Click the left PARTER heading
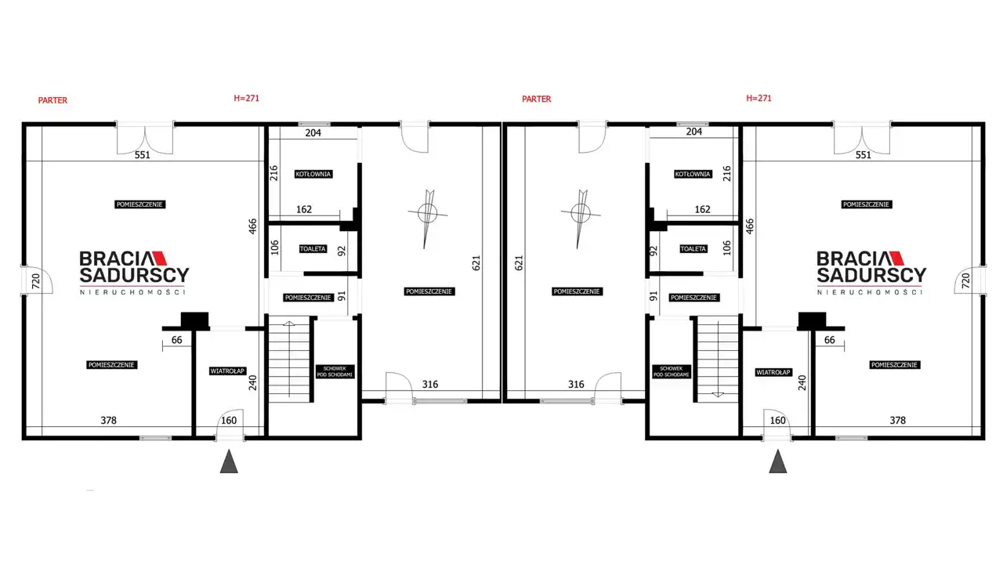pyautogui.click(x=53, y=100)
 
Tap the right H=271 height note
pyautogui.click(x=759, y=98)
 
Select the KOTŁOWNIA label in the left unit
pyautogui.click(x=313, y=174)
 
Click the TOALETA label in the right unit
pyautogui.click(x=693, y=248)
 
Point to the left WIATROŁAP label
pyautogui.click(x=227, y=371)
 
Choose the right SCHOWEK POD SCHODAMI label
pyautogui.click(x=671, y=371)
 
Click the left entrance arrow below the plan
pyautogui.click(x=229, y=461)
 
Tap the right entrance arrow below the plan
pyautogui.click(x=778, y=461)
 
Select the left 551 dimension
pyautogui.click(x=143, y=155)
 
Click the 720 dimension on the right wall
pyautogui.click(x=966, y=280)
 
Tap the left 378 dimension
pyautogui.click(x=108, y=421)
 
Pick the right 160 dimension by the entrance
pyautogui.click(x=778, y=421)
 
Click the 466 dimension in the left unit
pyautogui.click(x=253, y=226)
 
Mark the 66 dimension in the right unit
pyautogui.click(x=829, y=340)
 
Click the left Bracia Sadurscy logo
pyautogui.click(x=134, y=273)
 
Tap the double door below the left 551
pyautogui.click(x=145, y=139)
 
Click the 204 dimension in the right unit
pyautogui.click(x=693, y=132)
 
